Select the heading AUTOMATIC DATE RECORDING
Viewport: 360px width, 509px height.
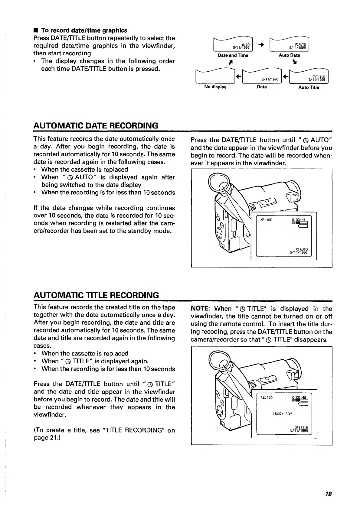coord(96,125)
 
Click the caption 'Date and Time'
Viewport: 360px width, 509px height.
coord(233,55)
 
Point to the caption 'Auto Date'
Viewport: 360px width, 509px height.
coord(290,55)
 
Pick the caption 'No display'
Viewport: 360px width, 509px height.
coord(215,87)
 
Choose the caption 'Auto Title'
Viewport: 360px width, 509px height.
coord(309,87)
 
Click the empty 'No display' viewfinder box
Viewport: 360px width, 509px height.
coord(215,77)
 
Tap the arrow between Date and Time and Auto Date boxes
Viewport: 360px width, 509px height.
coord(261,44)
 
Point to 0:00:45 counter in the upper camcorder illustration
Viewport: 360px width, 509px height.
coord(298,220)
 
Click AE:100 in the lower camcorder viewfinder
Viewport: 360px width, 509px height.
coord(266,397)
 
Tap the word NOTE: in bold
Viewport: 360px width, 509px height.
coord(200,309)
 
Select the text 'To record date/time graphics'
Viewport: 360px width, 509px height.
coord(84,30)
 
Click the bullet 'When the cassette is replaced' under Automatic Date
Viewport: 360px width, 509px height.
coord(84,170)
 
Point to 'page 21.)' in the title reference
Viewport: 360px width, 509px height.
coord(47,438)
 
